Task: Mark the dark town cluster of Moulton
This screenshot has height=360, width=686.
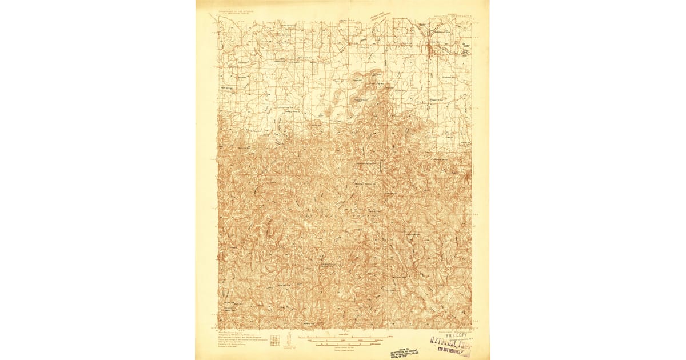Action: [429, 49]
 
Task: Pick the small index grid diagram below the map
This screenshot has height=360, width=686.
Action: [275, 340]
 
